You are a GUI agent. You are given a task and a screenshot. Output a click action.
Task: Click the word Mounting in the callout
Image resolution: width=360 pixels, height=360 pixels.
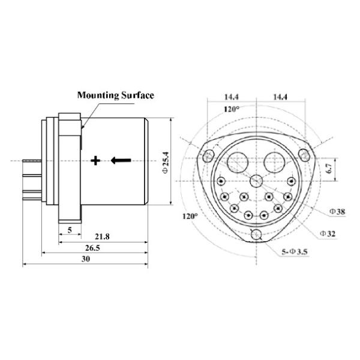pyautogui.click(x=98, y=95)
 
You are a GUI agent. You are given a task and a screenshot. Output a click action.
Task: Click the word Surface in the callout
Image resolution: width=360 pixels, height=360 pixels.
pyautogui.click(x=137, y=95)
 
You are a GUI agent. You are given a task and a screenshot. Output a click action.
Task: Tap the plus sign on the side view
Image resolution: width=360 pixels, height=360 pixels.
pyautogui.click(x=95, y=160)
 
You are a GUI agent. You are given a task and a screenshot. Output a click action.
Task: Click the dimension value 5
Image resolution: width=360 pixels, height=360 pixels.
pyautogui.click(x=70, y=230)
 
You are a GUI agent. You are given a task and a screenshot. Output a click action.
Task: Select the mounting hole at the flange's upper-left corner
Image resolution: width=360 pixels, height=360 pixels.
pyautogui.click(x=208, y=155)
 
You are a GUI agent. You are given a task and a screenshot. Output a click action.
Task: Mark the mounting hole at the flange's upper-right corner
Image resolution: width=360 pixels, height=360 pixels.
pyautogui.click(x=305, y=155)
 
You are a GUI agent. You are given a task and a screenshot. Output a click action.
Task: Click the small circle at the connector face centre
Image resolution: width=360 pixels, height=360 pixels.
pyautogui.click(x=257, y=181)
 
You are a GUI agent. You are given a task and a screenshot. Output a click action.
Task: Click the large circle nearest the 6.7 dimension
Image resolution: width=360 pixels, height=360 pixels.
pyautogui.click(x=277, y=160)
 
